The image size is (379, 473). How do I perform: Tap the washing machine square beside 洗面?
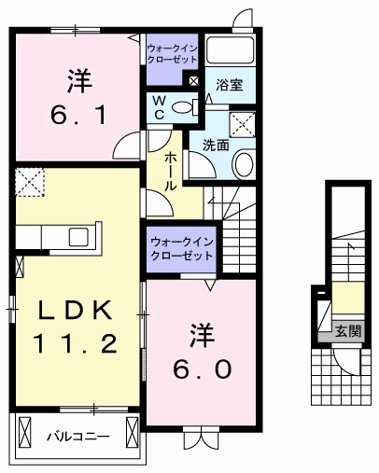coord(242,124)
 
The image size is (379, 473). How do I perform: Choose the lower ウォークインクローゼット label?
coord(181,248)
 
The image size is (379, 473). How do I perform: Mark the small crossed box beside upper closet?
coord(194,81)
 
